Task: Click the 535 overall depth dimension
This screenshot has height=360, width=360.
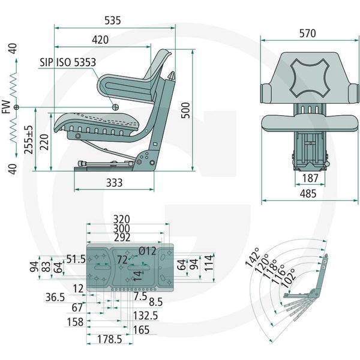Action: click(113, 20)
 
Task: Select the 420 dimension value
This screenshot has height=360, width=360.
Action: click(100, 40)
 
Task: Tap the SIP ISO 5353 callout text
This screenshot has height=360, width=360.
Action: click(68, 62)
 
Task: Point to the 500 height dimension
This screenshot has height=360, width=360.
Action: click(186, 110)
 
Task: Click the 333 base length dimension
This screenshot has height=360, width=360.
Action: click(115, 183)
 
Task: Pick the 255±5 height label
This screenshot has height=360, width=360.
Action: click(29, 140)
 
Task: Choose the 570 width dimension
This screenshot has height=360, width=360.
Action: click(307, 33)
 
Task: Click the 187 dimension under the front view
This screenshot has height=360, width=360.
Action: click(310, 178)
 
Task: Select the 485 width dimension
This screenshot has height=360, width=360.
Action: click(308, 194)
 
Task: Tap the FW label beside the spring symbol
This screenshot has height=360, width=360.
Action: click(7, 107)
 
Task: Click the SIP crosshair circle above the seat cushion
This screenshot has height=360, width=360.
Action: click(115, 107)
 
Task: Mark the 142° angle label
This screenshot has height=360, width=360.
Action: click(252, 257)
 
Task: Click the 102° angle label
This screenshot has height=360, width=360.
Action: click(287, 278)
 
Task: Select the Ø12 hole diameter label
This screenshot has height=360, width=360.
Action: click(148, 251)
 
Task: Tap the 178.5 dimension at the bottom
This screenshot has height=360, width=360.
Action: click(110, 339)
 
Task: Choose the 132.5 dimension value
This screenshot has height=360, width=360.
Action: click(146, 316)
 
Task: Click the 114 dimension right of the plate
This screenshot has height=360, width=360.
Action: click(209, 263)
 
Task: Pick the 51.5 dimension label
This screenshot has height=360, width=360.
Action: click(76, 259)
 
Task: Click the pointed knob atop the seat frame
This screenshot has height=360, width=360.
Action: click(171, 76)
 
